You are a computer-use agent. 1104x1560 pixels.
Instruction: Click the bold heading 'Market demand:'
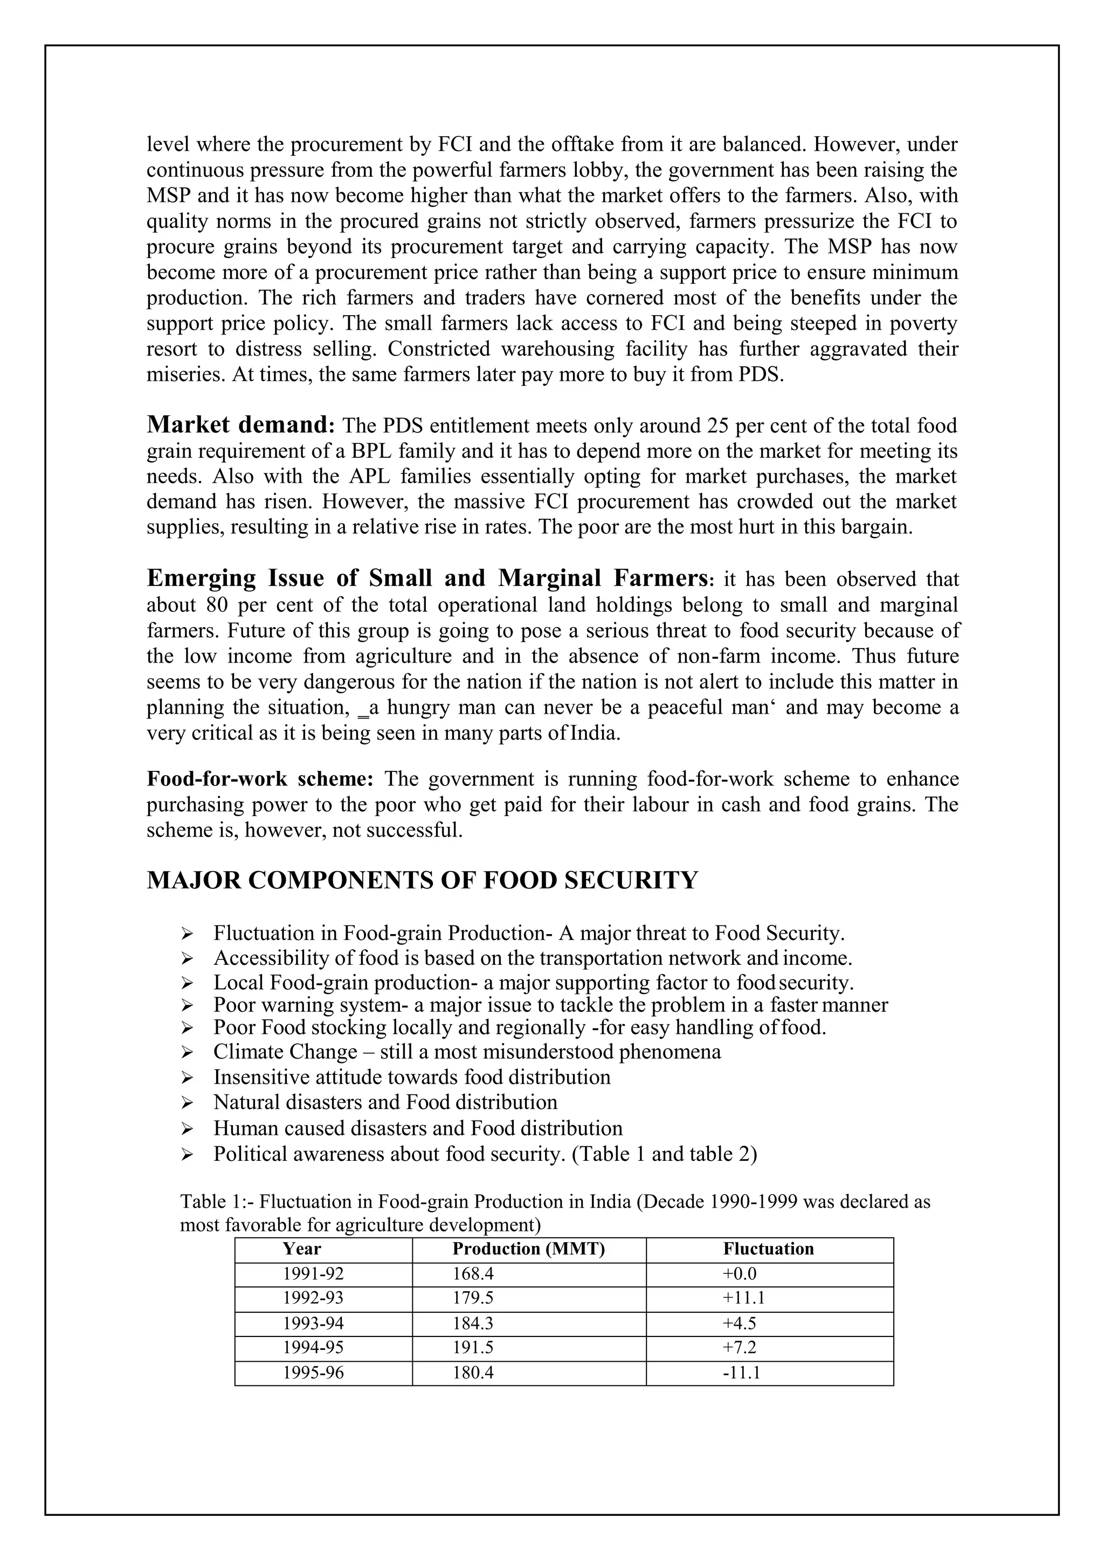(240, 424)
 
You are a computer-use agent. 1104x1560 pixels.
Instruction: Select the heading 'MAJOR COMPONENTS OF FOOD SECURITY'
(422, 880)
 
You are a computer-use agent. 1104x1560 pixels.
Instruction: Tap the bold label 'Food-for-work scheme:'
(260, 778)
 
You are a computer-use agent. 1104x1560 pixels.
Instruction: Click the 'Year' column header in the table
(302, 1249)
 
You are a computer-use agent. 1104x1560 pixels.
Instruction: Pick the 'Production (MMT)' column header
(528, 1249)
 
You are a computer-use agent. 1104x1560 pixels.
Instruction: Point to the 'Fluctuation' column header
(768, 1249)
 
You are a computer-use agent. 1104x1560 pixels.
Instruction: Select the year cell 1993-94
(313, 1324)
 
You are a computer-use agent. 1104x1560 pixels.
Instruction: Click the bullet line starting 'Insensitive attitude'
(411, 1077)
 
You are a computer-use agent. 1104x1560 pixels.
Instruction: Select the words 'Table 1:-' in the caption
(216, 1201)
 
